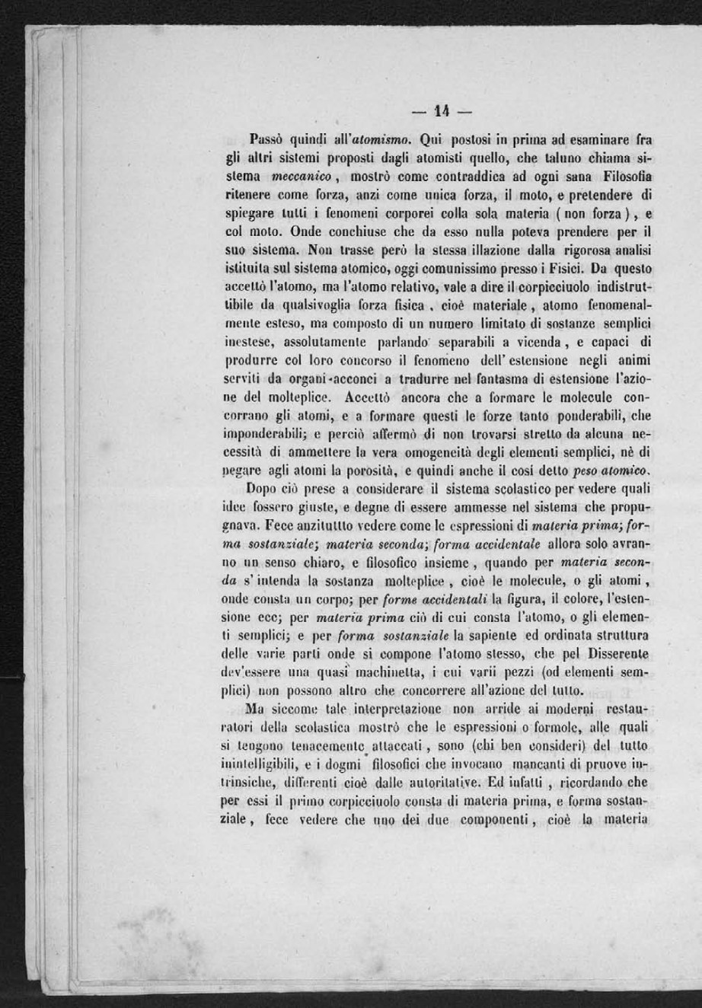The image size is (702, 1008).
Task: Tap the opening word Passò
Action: [267, 140]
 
